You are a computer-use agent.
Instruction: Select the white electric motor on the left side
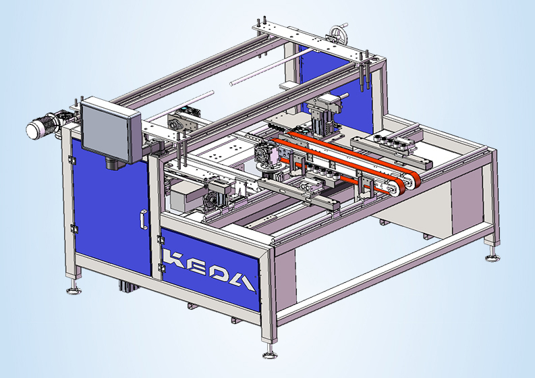click(x=40, y=128)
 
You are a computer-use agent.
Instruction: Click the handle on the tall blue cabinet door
click(x=144, y=219)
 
